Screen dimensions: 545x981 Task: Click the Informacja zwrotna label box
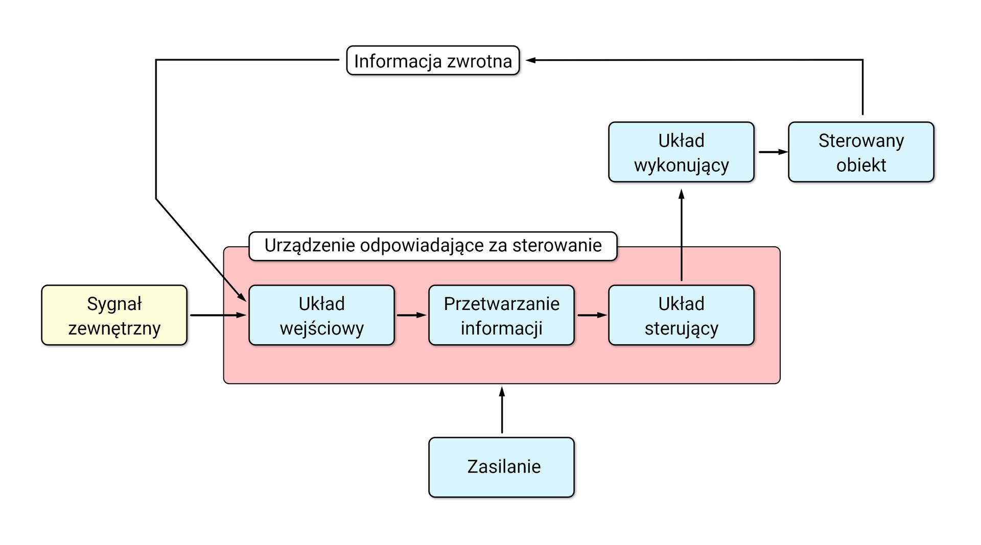tap(433, 61)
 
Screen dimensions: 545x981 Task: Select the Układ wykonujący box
tap(681, 152)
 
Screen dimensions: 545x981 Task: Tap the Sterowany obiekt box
tap(861, 152)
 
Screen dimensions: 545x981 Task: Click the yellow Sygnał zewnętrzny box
tap(114, 315)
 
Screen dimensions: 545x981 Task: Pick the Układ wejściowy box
tap(321, 315)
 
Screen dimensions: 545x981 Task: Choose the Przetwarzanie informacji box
tap(501, 315)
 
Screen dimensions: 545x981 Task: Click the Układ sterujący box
tap(681, 315)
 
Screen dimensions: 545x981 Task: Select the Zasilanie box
tap(501, 467)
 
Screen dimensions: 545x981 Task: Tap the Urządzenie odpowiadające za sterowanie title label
tap(433, 246)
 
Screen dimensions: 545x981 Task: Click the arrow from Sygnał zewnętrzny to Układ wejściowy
tap(217, 315)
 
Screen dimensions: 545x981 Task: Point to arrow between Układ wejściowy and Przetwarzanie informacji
tap(411, 315)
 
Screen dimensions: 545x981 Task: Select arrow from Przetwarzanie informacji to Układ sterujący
tap(591, 315)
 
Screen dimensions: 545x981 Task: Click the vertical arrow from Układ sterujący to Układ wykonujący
tap(681, 235)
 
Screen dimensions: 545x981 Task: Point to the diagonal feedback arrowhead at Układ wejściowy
tap(242, 296)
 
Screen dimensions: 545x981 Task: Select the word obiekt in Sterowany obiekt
tap(861, 165)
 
